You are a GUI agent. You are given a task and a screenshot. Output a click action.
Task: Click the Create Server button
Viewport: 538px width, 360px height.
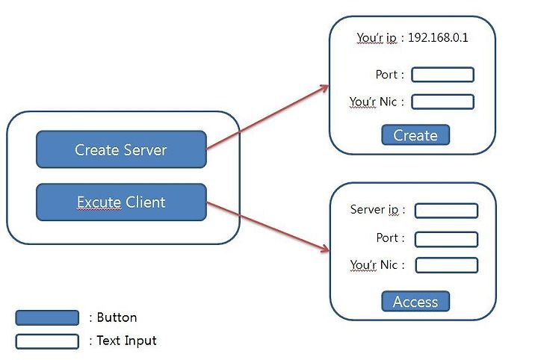pos(121,149)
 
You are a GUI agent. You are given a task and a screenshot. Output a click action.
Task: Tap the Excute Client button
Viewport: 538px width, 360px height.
pos(121,202)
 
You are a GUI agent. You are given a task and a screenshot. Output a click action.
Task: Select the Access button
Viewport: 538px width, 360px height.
pos(415,302)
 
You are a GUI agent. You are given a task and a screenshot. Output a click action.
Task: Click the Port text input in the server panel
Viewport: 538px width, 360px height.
pos(442,75)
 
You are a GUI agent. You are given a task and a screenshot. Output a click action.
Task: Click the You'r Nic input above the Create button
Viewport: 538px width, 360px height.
pos(442,102)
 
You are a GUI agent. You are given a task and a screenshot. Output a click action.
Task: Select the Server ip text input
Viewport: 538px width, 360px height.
pos(446,211)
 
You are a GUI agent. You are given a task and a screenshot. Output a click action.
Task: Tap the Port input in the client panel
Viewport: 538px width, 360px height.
pos(446,239)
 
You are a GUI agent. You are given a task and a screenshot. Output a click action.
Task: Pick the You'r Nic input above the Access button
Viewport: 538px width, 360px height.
pos(446,265)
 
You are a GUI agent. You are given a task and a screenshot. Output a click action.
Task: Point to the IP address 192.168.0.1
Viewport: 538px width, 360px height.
pos(438,37)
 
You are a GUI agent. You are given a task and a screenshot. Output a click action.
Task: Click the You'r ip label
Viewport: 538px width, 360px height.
pos(377,37)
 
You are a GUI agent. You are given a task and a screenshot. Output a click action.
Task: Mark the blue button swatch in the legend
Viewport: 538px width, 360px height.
pos(47,318)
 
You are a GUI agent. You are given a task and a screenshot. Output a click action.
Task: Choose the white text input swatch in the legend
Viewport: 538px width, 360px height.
pos(47,341)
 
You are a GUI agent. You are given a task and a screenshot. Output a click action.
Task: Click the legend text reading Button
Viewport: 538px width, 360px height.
pos(117,317)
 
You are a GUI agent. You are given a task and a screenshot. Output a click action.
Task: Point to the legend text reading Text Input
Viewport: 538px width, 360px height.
pos(126,341)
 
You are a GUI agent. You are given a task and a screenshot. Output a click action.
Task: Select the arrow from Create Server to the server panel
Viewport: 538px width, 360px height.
pos(268,117)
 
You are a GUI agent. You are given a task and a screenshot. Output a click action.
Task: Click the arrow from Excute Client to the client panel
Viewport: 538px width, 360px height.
pos(268,227)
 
